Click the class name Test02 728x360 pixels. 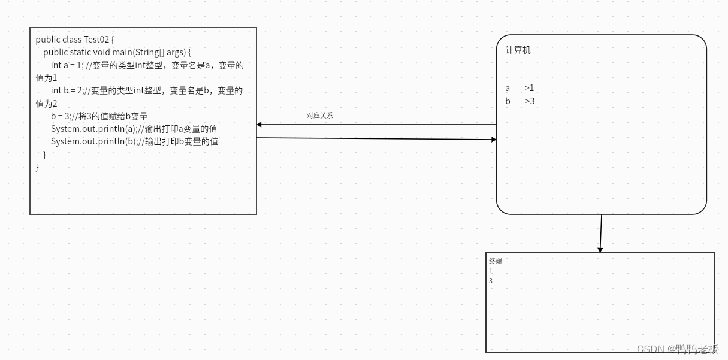96,40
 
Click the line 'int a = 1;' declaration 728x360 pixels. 67,65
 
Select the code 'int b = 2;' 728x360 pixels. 67,90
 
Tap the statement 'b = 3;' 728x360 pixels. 61,116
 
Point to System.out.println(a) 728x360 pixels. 94,129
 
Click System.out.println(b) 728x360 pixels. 94,141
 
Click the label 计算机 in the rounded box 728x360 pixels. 518,50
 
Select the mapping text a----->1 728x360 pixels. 519,88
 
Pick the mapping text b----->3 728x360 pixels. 519,101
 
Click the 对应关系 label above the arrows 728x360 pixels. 319,116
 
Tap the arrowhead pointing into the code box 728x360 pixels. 259,125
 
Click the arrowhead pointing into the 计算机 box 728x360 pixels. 494,140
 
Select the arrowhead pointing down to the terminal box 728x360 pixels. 600,249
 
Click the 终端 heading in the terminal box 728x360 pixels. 496,261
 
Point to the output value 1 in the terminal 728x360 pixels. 491,271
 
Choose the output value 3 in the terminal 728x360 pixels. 491,281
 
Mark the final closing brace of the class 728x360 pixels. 37,167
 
